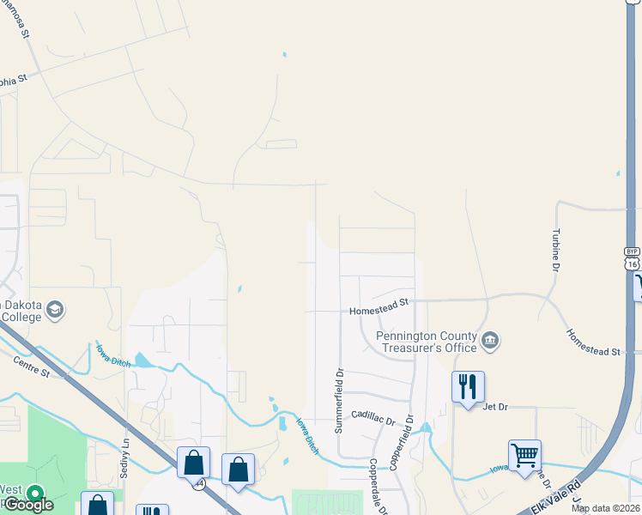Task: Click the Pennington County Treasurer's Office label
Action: (x=426, y=341)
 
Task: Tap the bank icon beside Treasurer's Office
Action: (x=490, y=341)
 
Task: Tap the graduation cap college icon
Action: (x=56, y=310)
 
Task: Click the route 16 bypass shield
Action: (x=632, y=260)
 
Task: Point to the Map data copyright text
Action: (x=605, y=508)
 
